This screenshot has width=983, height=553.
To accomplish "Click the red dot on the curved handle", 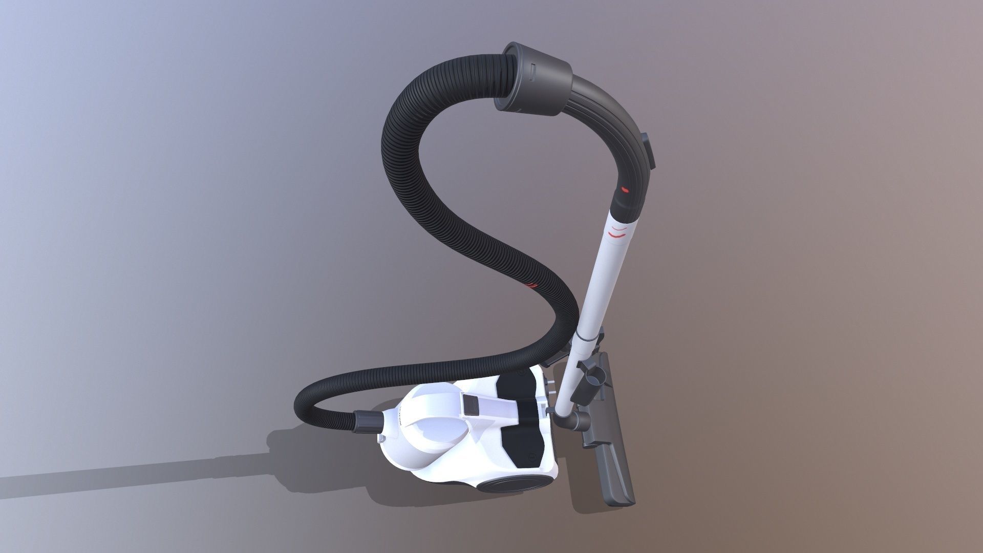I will pos(625,189).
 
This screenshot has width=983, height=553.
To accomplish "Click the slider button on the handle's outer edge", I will pos(648,151).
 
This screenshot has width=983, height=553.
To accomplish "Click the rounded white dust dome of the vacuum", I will pos(430,435).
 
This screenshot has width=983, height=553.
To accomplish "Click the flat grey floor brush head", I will pos(617,456).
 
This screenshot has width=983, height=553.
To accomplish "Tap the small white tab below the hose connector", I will pos(381,439).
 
